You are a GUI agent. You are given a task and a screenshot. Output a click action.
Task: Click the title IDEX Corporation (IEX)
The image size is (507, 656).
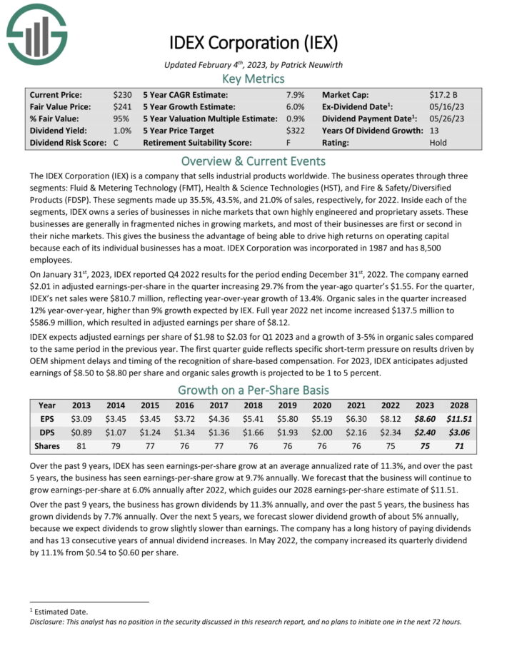point(253,43)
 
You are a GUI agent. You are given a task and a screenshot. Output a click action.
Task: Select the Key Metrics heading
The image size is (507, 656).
point(253,79)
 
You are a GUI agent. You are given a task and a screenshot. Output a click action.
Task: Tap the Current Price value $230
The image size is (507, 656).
point(122,94)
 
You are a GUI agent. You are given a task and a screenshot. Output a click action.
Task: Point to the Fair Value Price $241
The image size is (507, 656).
point(122,106)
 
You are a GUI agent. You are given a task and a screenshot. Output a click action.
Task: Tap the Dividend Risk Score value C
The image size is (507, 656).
point(116,143)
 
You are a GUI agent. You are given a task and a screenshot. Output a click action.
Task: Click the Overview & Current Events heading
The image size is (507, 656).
point(253,161)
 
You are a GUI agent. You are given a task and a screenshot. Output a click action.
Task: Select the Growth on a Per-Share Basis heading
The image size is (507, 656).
point(253,390)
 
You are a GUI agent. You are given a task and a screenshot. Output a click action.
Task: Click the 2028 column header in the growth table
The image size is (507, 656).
point(460,405)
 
